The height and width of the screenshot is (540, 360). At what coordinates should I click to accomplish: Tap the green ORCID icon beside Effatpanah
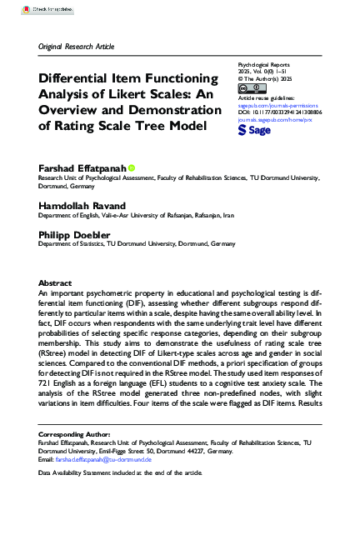[x=132, y=167]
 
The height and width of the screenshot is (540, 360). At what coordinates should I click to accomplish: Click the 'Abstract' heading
[x=55, y=282]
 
